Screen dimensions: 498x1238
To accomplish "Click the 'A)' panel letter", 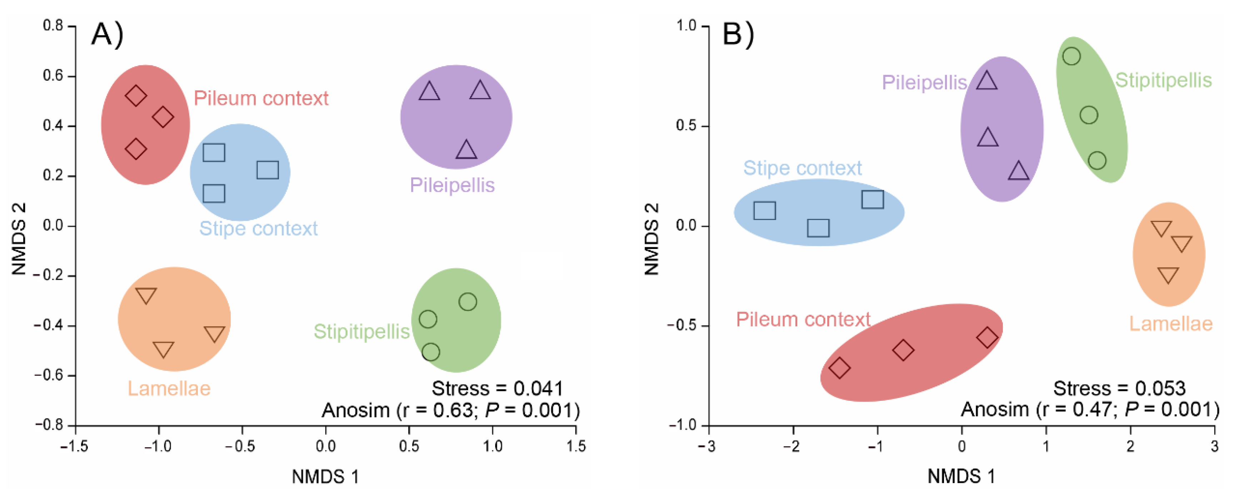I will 107,35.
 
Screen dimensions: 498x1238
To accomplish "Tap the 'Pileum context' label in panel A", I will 261,99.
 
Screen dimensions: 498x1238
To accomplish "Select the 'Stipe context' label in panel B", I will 802,168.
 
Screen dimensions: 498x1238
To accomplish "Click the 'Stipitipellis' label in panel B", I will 1163,80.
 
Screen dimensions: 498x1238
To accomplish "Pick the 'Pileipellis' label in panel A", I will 452,185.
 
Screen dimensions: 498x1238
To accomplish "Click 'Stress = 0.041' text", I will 497,388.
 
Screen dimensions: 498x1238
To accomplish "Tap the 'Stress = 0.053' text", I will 1119,388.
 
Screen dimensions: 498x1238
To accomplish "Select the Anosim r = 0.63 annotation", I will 451,410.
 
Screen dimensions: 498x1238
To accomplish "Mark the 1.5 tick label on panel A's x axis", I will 576,447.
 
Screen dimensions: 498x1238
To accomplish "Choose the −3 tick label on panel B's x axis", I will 708,447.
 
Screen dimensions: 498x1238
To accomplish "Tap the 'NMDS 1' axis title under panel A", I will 325,477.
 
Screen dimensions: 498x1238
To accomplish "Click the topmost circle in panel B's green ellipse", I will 1071,56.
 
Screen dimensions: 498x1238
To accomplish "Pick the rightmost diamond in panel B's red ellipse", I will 987,337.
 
